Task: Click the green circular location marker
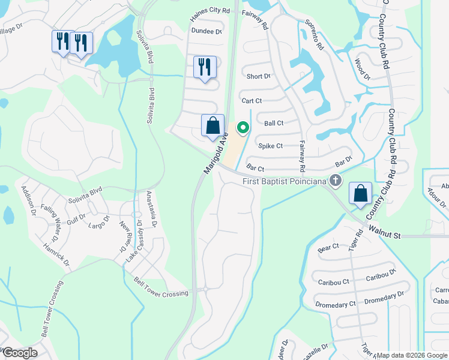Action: (243, 127)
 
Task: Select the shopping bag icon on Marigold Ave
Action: (212, 126)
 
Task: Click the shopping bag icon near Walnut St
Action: (360, 194)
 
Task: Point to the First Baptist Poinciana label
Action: (286, 181)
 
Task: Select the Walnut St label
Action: (384, 232)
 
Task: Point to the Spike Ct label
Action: (270, 146)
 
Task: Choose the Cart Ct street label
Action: (251, 101)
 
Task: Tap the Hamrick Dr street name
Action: (56, 255)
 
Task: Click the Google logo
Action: (19, 353)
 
